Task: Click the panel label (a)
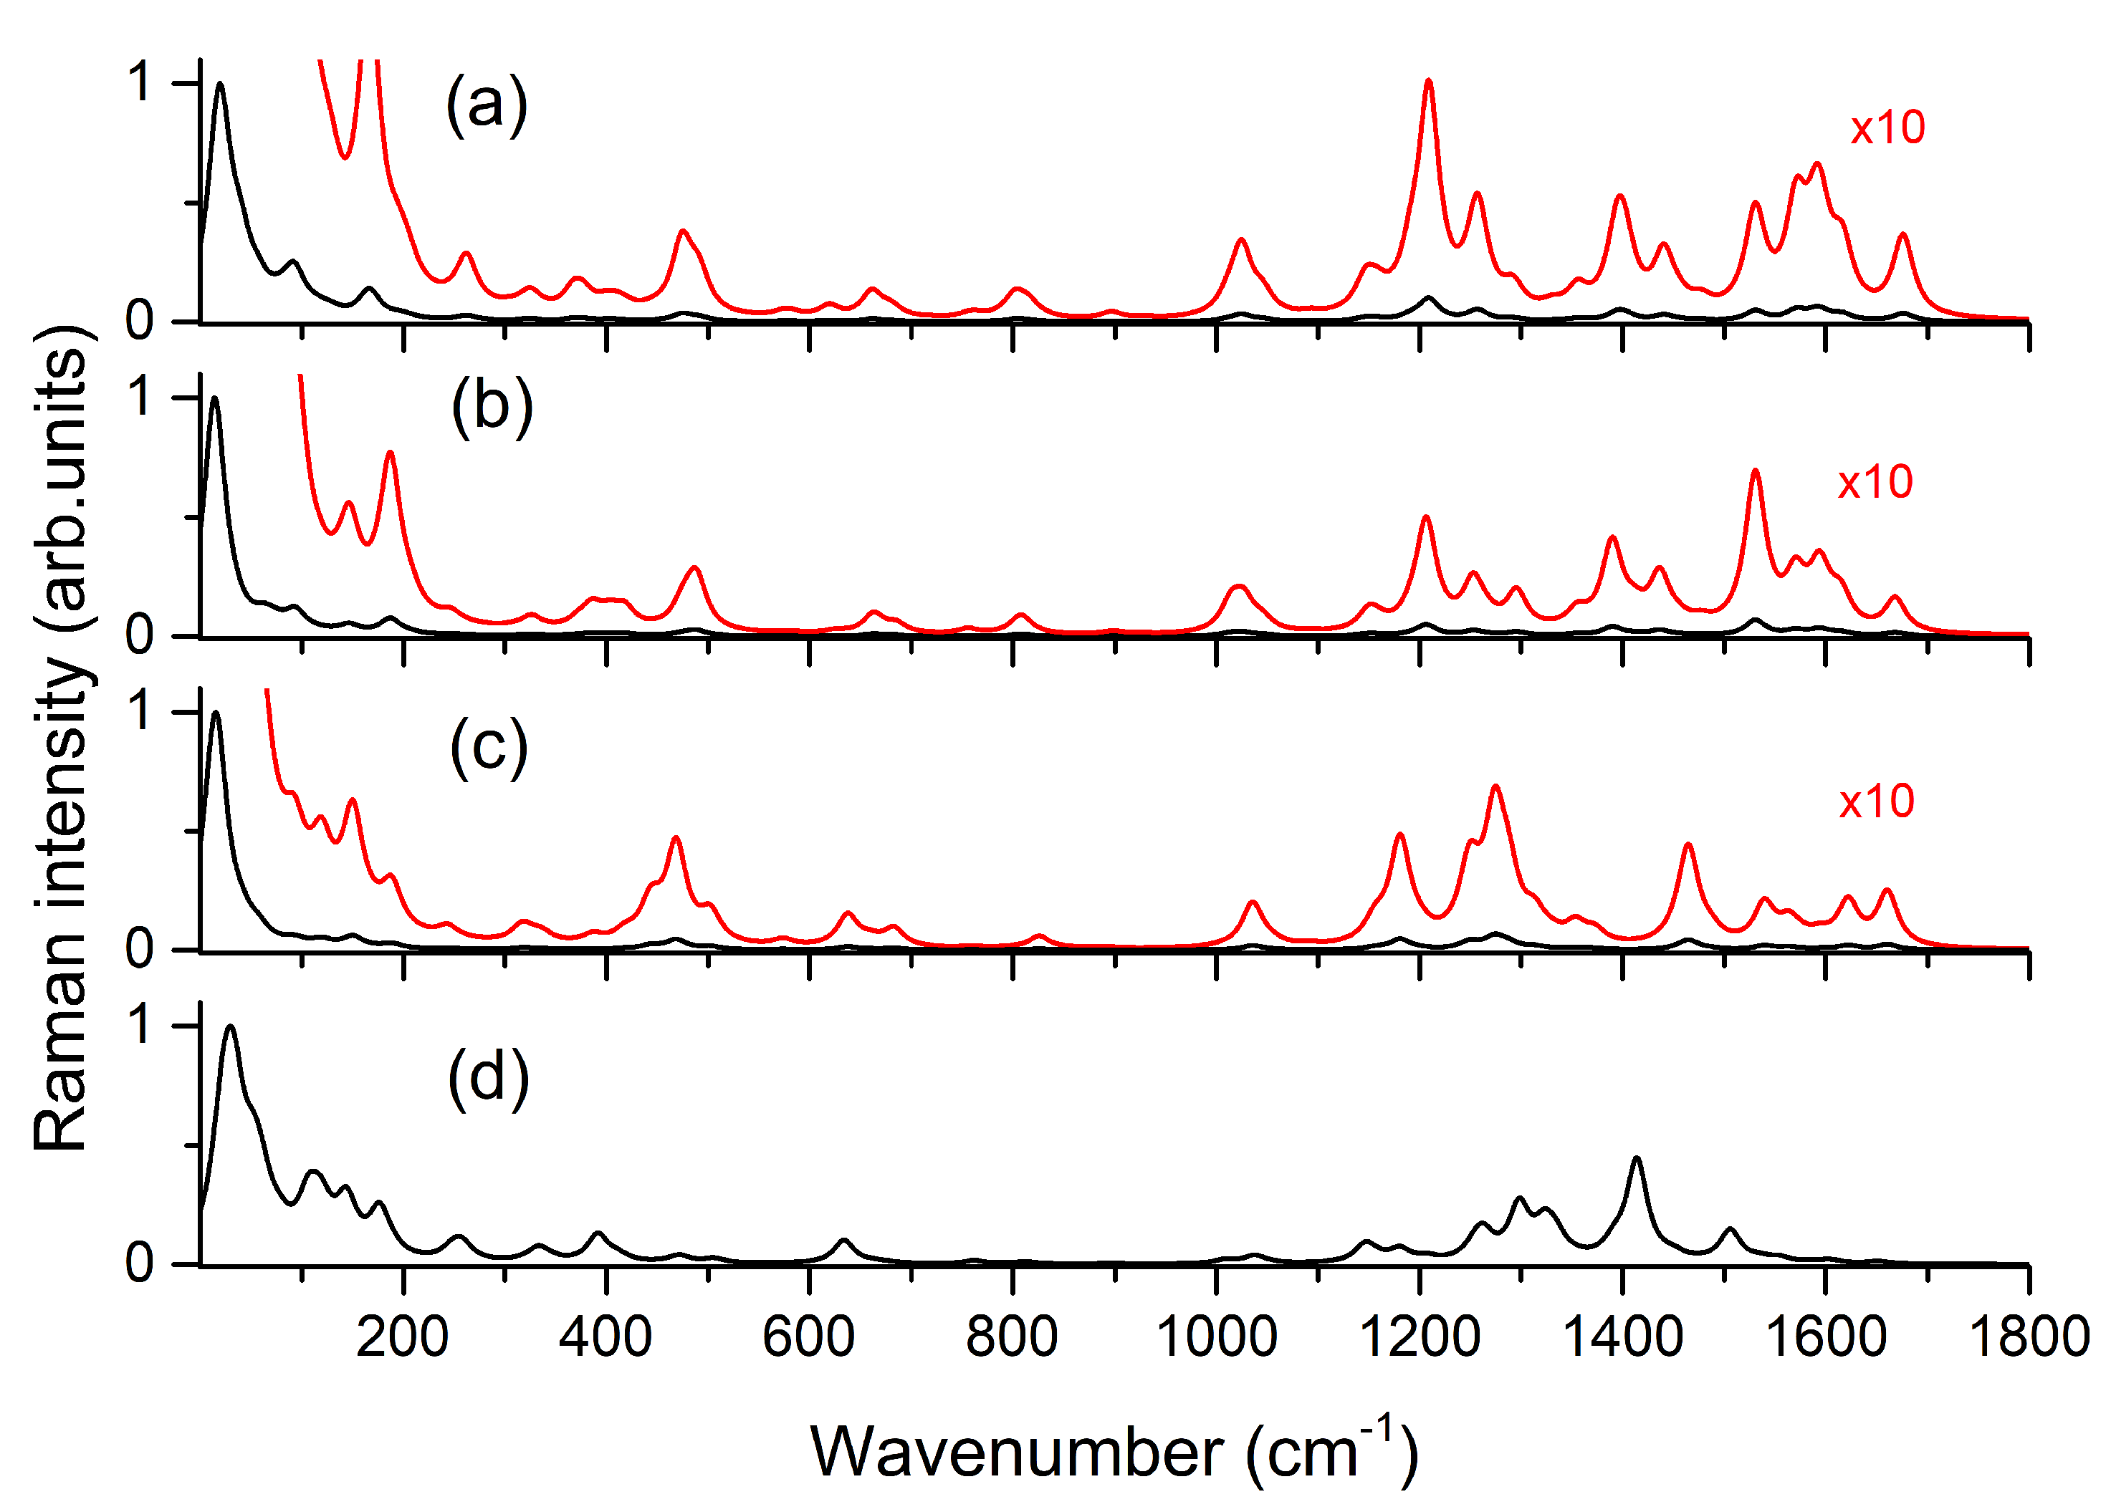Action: pyautogui.click(x=487, y=105)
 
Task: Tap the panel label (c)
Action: pyautogui.click(x=489, y=747)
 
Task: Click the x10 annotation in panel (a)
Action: pyautogui.click(x=1887, y=127)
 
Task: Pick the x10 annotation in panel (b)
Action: pyautogui.click(x=1875, y=482)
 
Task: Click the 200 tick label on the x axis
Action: pyautogui.click(x=402, y=1338)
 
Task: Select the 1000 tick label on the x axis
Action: pyautogui.click(x=1215, y=1338)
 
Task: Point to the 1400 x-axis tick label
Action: pyautogui.click(x=1622, y=1338)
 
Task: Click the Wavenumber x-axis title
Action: pyautogui.click(x=1114, y=1453)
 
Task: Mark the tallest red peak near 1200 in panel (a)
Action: pyautogui.click(x=1428, y=82)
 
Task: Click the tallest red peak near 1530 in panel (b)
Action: pyautogui.click(x=1756, y=472)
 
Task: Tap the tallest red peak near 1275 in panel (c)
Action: pyautogui.click(x=1495, y=788)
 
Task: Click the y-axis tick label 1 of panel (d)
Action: pyautogui.click(x=141, y=1026)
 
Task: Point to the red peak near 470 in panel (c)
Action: pyautogui.click(x=676, y=839)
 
